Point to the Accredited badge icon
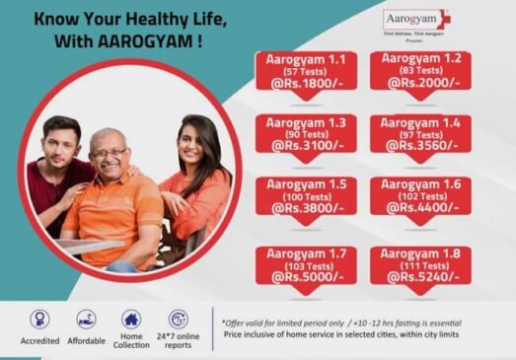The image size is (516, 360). (x=39, y=319)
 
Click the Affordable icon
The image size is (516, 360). (x=86, y=319)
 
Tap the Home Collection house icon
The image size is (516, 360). (x=131, y=319)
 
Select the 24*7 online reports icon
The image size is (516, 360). (x=179, y=319)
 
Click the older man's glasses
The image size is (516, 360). (x=109, y=153)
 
